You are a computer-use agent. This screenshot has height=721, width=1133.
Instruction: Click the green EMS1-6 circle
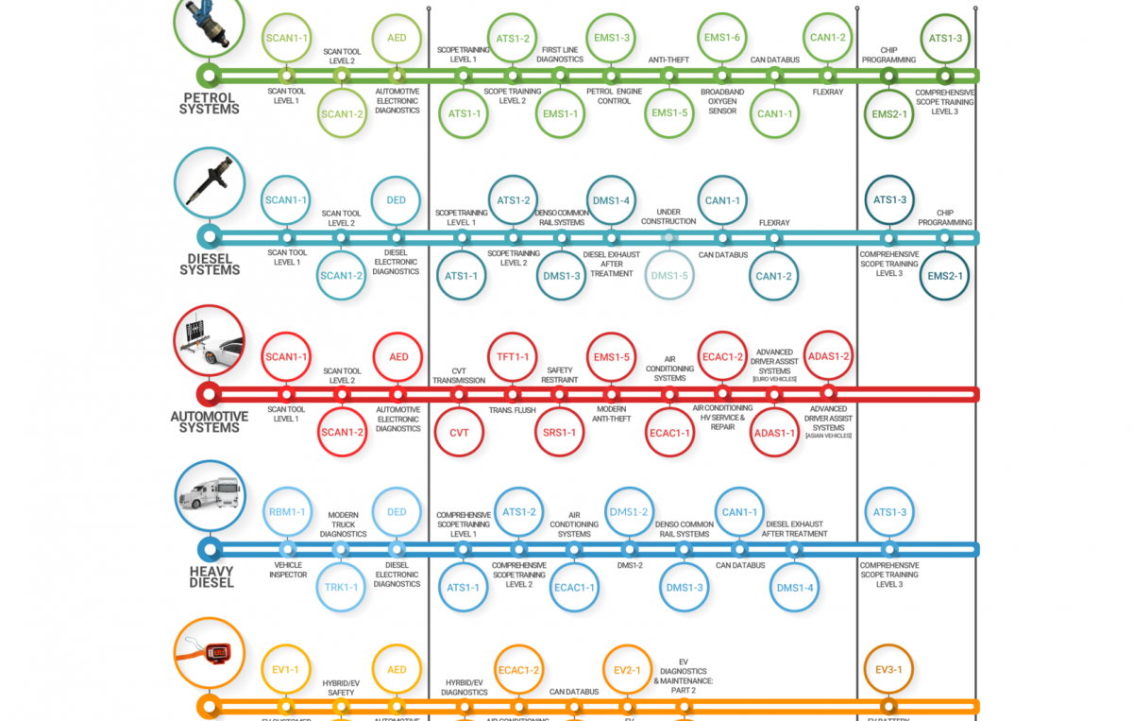(x=722, y=38)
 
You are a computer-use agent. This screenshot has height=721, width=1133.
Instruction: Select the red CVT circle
(x=459, y=433)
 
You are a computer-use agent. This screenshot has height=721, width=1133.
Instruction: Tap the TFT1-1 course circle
(x=513, y=357)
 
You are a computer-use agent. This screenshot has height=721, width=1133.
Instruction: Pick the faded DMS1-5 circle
(x=669, y=275)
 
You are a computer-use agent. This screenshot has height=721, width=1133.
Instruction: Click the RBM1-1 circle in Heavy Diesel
(x=287, y=512)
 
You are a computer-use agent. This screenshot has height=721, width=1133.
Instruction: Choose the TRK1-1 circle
(x=341, y=587)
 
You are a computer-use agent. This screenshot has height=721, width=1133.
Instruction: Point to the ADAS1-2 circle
(x=828, y=356)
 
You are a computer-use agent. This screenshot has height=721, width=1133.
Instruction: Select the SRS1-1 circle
(x=560, y=433)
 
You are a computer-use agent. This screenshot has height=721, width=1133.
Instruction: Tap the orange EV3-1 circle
(x=888, y=669)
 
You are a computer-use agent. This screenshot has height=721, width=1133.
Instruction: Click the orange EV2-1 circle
(x=627, y=670)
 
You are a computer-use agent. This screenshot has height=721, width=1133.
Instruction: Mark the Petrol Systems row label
(x=211, y=103)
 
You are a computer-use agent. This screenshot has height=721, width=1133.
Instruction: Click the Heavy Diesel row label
(x=211, y=576)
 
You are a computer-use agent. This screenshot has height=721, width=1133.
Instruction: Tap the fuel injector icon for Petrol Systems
(x=210, y=23)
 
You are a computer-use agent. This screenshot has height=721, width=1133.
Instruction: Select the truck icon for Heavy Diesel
(x=210, y=496)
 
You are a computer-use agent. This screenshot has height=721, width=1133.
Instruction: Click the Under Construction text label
(x=668, y=216)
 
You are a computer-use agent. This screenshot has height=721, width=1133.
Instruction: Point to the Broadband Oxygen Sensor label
(x=722, y=101)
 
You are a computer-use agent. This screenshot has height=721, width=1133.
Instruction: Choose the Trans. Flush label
(x=513, y=410)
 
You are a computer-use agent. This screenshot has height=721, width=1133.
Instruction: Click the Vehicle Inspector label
(x=287, y=570)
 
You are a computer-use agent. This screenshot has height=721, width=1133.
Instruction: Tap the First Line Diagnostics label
(x=560, y=54)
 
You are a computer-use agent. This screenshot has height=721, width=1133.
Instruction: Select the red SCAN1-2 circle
(x=342, y=433)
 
